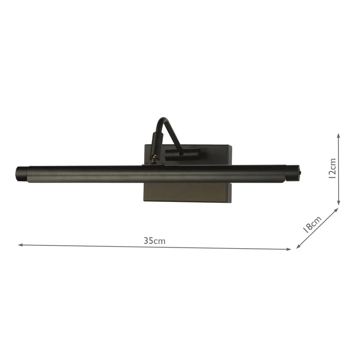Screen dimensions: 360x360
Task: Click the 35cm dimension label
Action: coord(154,241)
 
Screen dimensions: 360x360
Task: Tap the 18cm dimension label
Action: coord(312,225)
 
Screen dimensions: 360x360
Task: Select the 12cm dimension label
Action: coord(331,168)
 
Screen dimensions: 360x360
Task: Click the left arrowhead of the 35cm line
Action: coord(20,244)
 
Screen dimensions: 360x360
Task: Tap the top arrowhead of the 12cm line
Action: coord(338,135)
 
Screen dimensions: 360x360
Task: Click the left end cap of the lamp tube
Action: coord(21,174)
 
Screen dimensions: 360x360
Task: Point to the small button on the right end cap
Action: coord(299,173)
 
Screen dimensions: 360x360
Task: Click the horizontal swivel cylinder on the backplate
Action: coord(183,153)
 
